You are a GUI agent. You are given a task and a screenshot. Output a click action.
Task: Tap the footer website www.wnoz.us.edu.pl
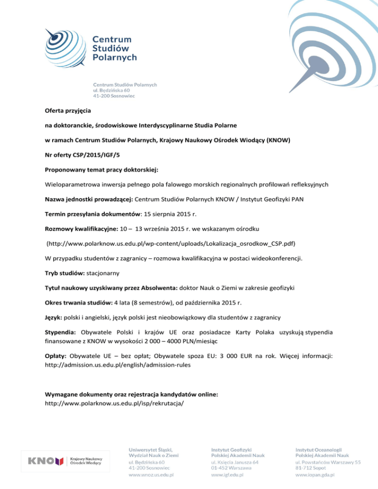(x=154, y=475)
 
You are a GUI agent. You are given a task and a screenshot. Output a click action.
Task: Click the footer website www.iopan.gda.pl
(x=315, y=475)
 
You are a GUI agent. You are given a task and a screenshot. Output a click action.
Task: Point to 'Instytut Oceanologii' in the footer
(x=318, y=450)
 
